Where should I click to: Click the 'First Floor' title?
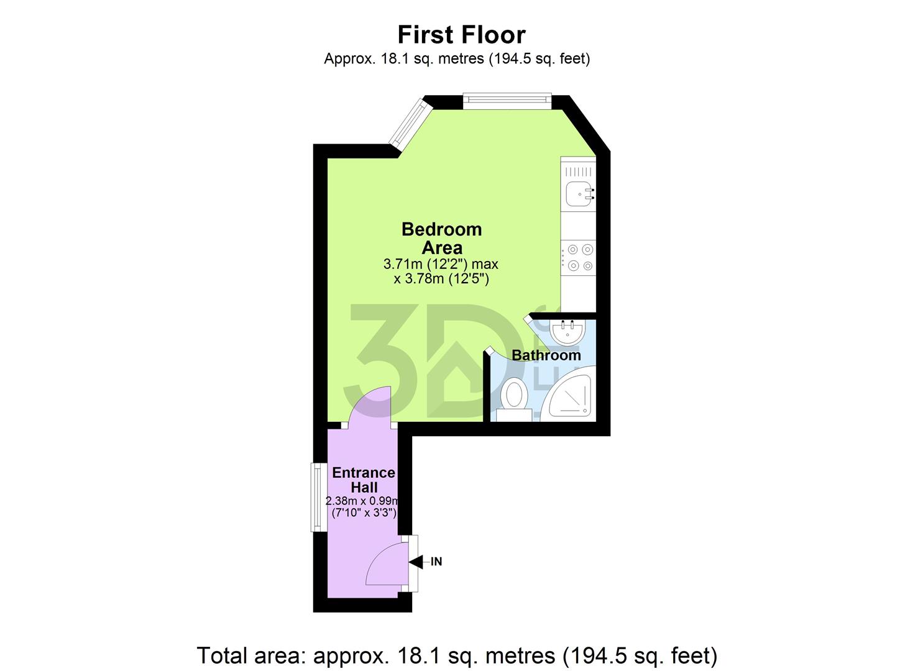coord(461,35)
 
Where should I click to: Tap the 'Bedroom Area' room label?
coord(441,238)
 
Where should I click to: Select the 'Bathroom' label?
coord(546,355)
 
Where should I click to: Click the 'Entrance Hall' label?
coord(364,480)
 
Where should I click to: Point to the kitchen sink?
coord(579,193)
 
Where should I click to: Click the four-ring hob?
coord(579,258)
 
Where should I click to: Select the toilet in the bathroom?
coord(514,396)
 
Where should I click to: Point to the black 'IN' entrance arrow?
coord(415,562)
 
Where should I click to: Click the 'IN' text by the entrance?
coord(436,562)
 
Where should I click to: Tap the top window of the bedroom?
coord(507,99)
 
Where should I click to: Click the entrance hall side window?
coord(317,497)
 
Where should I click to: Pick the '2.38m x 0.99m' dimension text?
coord(362,501)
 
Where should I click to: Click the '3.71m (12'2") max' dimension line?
coord(441,264)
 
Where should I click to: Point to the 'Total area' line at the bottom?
coord(457,655)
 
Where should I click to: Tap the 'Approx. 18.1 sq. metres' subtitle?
coord(456,58)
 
